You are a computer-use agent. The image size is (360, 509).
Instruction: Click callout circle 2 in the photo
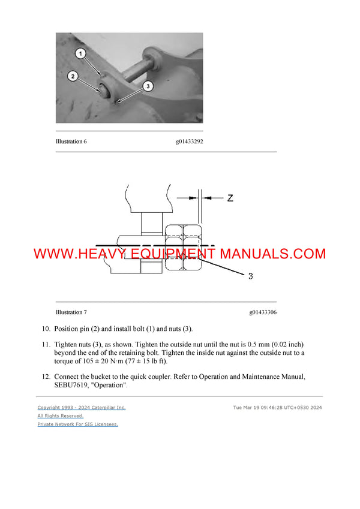(72, 76)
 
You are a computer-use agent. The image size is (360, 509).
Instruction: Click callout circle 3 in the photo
(148, 86)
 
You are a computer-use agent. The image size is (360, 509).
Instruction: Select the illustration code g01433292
(189, 141)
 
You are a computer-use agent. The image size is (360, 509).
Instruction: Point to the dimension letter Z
(230, 198)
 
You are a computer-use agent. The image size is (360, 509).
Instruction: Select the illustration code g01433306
(263, 312)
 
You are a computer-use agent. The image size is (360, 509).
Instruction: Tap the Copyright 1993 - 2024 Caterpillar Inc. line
(82, 408)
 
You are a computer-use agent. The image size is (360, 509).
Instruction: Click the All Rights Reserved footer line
(60, 415)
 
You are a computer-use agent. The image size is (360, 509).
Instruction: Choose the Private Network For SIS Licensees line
(77, 424)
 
